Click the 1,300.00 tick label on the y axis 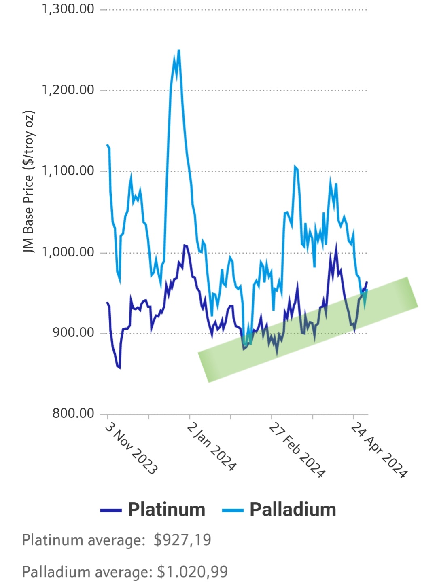(68, 9)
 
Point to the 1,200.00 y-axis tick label (68, 90)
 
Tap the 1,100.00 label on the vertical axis (68, 171)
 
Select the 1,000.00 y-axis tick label (68, 252)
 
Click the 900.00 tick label (73, 333)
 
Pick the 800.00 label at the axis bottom (73, 414)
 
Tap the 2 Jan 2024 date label (211, 447)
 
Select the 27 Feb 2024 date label (297, 450)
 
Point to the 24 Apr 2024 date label (379, 450)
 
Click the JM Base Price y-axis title (29, 182)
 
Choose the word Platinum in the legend (166, 510)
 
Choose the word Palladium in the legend (293, 510)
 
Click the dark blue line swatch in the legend (111, 511)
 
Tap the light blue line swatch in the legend (233, 511)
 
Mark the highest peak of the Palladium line (178, 51)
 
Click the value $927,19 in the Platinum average (182, 540)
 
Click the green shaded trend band (308, 330)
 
